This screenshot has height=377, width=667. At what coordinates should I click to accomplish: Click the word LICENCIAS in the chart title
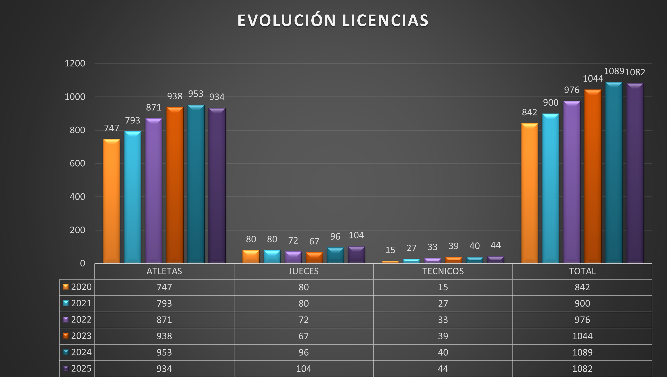click(385, 21)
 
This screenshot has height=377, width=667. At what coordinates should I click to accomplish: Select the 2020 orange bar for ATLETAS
click(111, 201)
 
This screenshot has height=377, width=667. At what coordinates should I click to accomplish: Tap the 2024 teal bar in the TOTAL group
click(614, 173)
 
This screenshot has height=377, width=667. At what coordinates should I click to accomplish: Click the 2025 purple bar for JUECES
click(356, 255)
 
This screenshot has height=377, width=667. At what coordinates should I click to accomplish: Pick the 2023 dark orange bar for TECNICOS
click(453, 260)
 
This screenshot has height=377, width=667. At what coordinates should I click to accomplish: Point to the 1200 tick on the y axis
click(75, 63)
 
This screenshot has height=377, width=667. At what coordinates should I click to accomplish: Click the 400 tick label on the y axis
click(77, 197)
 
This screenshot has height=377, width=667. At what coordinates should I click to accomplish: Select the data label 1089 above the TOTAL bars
click(614, 71)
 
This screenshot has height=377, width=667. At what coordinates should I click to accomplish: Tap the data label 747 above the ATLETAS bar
click(111, 128)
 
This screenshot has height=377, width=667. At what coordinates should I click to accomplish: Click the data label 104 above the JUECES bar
click(356, 235)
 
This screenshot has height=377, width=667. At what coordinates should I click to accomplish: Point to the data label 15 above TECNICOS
click(390, 250)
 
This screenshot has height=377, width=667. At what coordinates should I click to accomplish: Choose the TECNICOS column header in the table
click(443, 271)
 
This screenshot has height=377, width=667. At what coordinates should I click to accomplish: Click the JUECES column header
click(303, 271)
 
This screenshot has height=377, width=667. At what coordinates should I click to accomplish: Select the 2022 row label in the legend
click(81, 320)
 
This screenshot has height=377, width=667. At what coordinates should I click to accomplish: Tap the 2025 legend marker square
click(66, 368)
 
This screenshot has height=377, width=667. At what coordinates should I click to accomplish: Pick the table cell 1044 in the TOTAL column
click(582, 336)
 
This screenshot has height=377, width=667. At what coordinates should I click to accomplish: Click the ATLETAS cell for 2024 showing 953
click(164, 353)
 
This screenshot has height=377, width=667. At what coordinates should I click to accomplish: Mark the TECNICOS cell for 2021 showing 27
click(443, 304)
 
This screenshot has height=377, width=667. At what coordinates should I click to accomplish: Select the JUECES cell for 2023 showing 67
click(303, 336)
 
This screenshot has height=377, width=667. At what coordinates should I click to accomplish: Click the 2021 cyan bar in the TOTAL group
click(550, 188)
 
